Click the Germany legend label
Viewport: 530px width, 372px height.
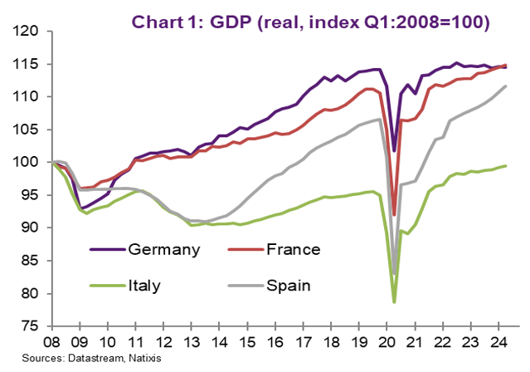pyautogui.click(x=163, y=248)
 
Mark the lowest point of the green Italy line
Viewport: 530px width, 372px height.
pyautogui.click(x=394, y=302)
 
